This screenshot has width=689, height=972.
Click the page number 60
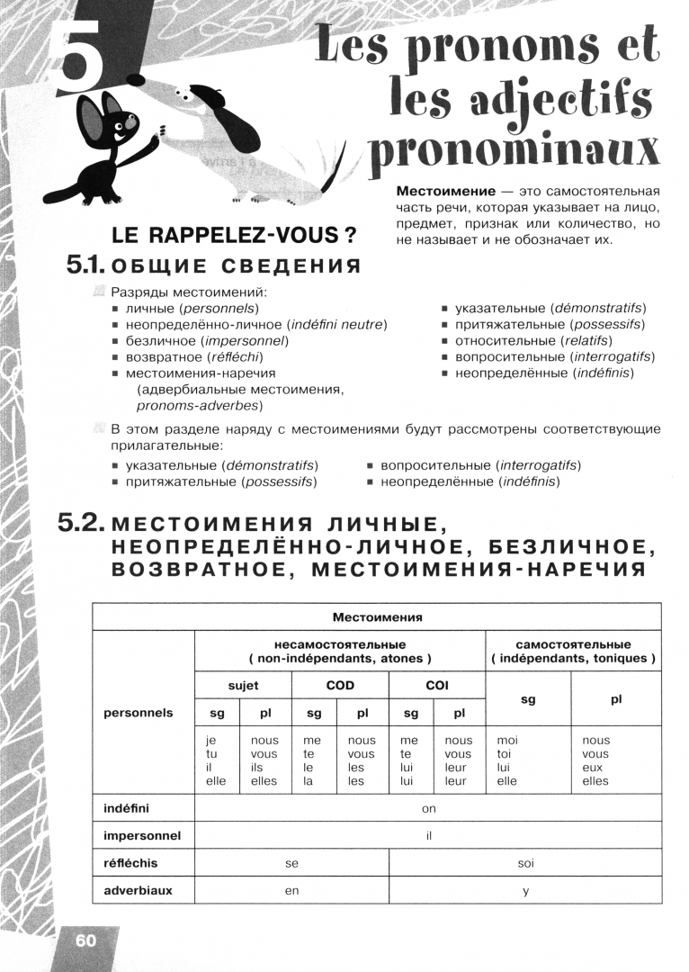(x=85, y=940)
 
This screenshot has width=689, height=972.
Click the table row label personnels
(x=139, y=712)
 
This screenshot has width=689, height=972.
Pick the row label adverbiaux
(x=138, y=890)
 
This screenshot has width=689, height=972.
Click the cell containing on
(x=428, y=808)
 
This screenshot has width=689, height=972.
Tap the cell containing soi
(x=526, y=863)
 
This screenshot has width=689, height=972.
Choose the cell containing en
(x=291, y=890)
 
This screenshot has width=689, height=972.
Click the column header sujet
(x=243, y=685)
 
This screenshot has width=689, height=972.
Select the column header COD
(x=340, y=685)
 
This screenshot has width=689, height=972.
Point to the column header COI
(x=437, y=685)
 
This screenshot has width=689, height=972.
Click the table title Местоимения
(x=377, y=616)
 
